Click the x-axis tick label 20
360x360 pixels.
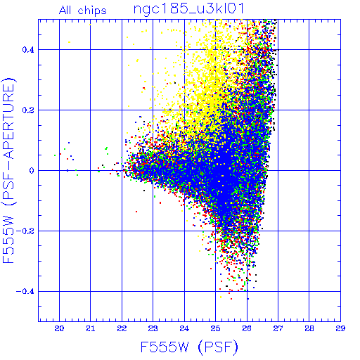click(x=59, y=328)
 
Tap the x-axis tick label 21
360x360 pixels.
click(x=91, y=328)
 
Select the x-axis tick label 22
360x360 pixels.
click(x=122, y=328)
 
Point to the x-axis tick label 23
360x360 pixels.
click(x=153, y=328)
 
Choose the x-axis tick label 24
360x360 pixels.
click(x=184, y=328)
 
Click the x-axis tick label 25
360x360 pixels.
click(x=215, y=328)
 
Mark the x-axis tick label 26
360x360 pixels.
click(x=247, y=328)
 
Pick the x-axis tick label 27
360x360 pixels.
click(x=278, y=328)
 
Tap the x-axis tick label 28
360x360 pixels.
click(x=309, y=328)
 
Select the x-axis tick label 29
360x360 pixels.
click(x=340, y=328)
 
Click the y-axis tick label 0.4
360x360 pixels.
click(x=28, y=50)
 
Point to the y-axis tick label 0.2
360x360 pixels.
click(x=28, y=110)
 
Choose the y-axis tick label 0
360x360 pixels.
click(x=32, y=171)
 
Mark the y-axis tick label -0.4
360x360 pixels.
click(x=25, y=292)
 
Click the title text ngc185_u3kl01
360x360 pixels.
click(x=189, y=9)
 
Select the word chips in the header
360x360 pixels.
click(x=92, y=11)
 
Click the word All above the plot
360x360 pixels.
click(x=65, y=10)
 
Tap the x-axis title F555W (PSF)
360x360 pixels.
click(x=189, y=347)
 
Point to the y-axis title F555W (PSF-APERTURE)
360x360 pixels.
click(x=8, y=170)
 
